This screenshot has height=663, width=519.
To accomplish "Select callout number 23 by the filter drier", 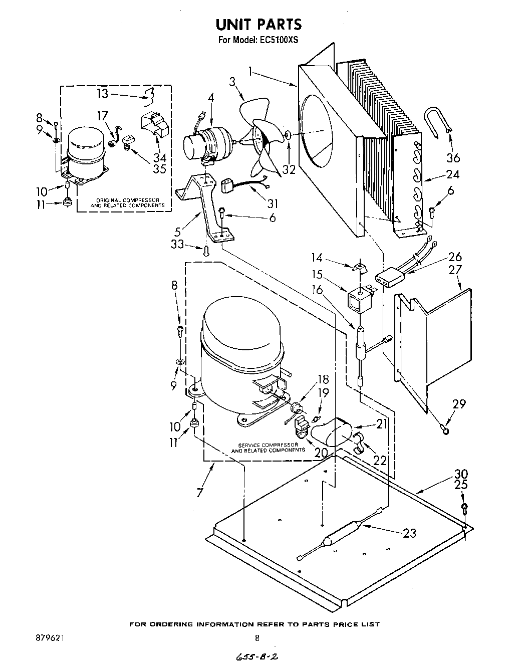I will tap(409, 533).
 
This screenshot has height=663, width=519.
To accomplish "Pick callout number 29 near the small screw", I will tap(459, 404).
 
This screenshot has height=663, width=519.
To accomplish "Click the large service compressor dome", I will tap(235, 336).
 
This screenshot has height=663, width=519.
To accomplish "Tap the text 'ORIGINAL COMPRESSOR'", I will tap(127, 200).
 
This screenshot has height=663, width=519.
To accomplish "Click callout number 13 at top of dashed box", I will tap(102, 94).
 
